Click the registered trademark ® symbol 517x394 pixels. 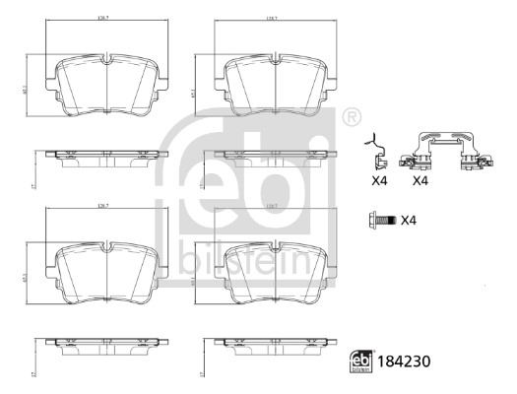[351, 117]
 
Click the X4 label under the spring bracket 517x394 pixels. [420, 181]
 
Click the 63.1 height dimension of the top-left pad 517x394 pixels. [36, 92]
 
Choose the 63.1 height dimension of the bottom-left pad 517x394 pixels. [36, 279]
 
